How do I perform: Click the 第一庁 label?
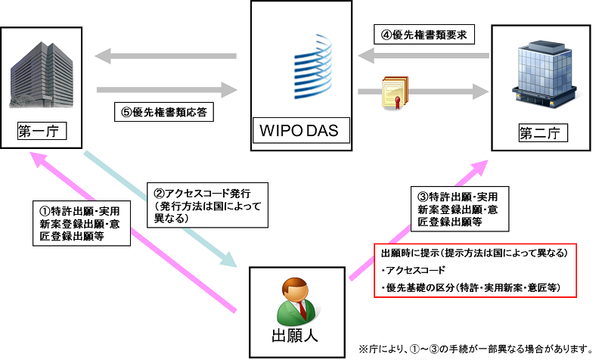38,133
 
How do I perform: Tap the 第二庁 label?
539,134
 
